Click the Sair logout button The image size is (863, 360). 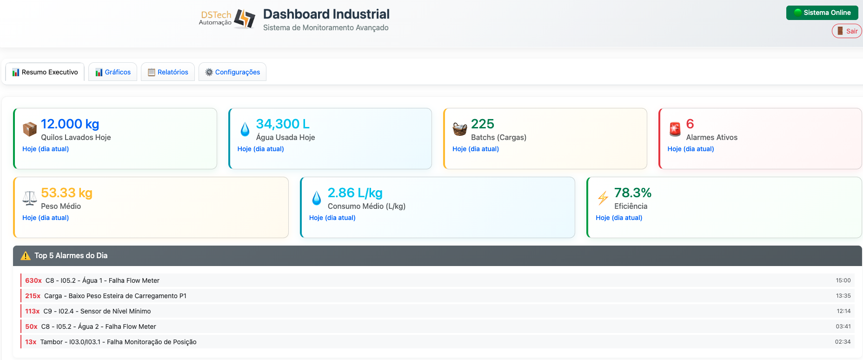point(847,31)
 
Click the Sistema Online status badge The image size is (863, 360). point(822,13)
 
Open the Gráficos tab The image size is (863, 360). point(113,72)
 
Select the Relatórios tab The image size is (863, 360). point(168,72)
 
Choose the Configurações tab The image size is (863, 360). point(232,72)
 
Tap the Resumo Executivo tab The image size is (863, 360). point(45,72)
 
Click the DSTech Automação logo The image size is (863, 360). point(227,19)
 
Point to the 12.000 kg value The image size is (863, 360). point(70,124)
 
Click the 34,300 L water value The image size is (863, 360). point(283,124)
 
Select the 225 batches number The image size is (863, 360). point(482,124)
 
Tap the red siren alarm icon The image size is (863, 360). point(675,129)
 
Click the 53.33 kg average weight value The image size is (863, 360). point(66,193)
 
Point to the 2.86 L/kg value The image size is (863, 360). point(355,193)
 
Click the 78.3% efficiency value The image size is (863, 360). point(632,193)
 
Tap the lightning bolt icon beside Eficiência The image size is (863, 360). point(603,198)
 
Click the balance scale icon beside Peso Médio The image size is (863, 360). point(30,198)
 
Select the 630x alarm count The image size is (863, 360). point(33,280)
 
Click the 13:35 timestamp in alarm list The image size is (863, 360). point(843,296)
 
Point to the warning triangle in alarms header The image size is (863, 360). point(26,256)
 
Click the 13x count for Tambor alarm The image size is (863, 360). point(31,342)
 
